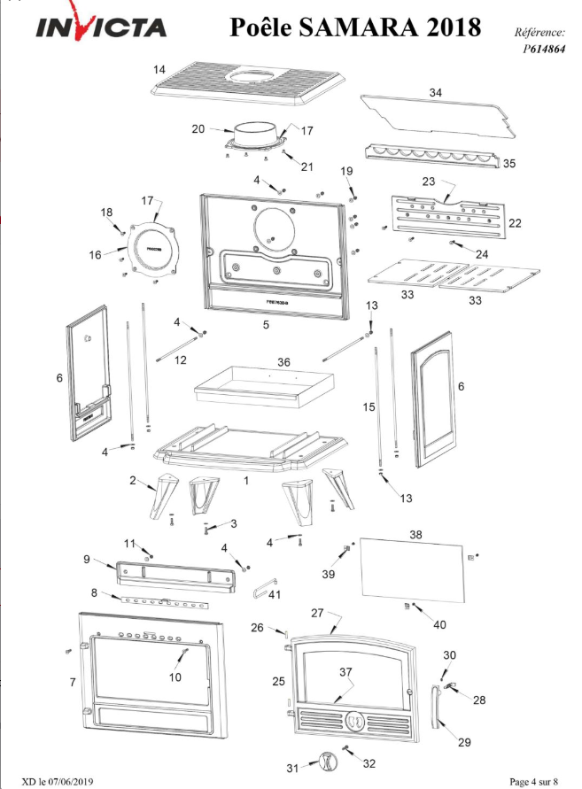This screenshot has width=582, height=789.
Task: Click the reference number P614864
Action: pos(544,49)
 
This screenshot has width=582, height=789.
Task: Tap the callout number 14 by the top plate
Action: pos(159,69)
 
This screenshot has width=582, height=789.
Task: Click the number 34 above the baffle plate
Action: pos(436,93)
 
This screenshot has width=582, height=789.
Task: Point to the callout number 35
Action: pos(509,164)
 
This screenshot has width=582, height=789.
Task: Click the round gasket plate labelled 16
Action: pos(153,250)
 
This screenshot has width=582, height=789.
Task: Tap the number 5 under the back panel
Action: pos(266,325)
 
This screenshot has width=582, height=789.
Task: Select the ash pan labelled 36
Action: pos(264,386)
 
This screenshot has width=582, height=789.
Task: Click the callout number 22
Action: pos(515,222)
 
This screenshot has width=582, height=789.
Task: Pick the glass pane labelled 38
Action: pos(413,569)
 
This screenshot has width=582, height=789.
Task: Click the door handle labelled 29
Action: pos(436,706)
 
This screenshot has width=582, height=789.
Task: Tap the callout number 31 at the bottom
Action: pos(292,769)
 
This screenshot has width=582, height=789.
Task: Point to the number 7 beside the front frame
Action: pos(73,682)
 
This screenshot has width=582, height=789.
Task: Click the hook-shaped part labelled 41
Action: pos(258,588)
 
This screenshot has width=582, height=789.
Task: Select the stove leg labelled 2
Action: pos(164,495)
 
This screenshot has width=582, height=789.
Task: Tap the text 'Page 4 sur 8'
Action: pos(533,781)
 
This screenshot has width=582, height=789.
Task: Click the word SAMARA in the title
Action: pos(358,27)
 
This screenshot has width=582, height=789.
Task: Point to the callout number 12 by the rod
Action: pos(180,360)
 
